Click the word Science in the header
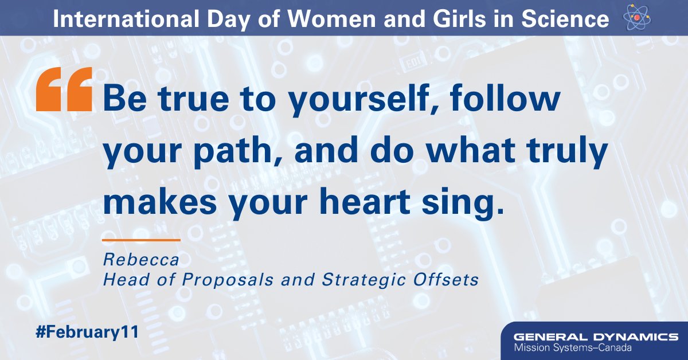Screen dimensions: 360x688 point(564,19)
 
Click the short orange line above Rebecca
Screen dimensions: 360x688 point(141,240)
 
